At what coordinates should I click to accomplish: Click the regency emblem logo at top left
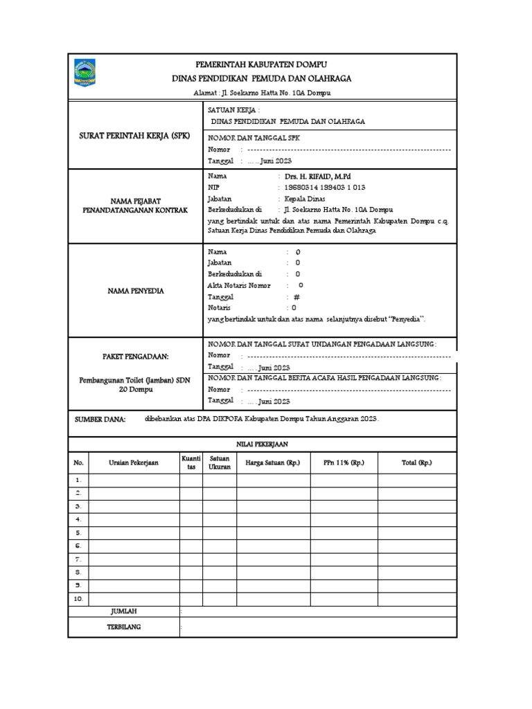coord(86,73)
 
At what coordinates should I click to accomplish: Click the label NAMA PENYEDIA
coord(136,291)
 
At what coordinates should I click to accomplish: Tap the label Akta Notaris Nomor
coord(240,285)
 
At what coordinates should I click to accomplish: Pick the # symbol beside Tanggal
coord(296,296)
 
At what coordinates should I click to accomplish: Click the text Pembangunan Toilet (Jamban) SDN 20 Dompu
coord(135,384)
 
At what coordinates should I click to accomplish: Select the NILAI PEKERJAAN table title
coord(262,444)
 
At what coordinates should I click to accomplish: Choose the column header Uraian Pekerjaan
coord(134,463)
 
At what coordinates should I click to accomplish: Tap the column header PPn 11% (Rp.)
coord(344,463)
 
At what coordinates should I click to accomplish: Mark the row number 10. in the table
coord(79,599)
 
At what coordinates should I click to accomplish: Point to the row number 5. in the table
coord(79,533)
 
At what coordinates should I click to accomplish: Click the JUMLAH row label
coord(124,611)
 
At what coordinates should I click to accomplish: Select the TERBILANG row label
coord(124,627)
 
